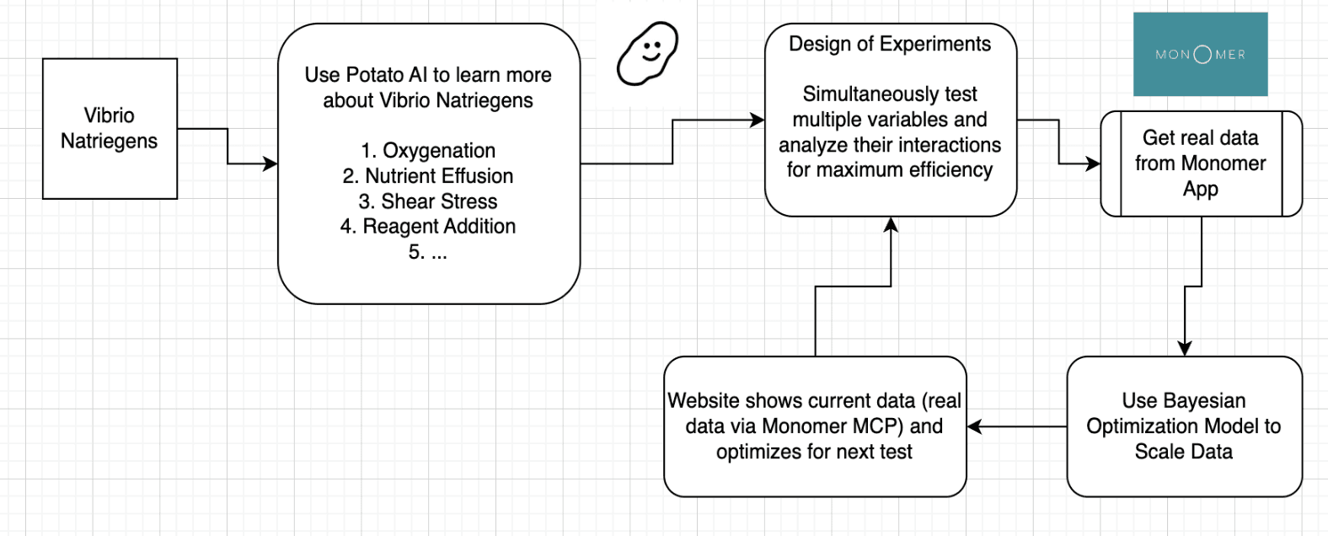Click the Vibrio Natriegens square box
pyautogui.click(x=110, y=129)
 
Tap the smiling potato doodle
pyautogui.click(x=647, y=54)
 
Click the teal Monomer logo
pyautogui.click(x=1201, y=54)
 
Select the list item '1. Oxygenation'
pyautogui.click(x=428, y=151)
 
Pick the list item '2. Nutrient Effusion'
pyautogui.click(x=428, y=176)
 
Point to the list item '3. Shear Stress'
pyautogui.click(x=428, y=201)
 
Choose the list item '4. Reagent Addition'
pyautogui.click(x=428, y=227)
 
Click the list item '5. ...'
pyautogui.click(x=428, y=252)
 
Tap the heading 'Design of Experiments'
pyautogui.click(x=890, y=44)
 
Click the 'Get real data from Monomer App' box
pyautogui.click(x=1201, y=163)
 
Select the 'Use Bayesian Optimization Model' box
pyautogui.click(x=1185, y=426)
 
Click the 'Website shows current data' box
pyautogui.click(x=815, y=426)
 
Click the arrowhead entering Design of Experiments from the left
pyautogui.click(x=758, y=121)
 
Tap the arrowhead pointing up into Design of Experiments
pyautogui.click(x=891, y=224)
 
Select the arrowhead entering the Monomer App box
pyautogui.click(x=1093, y=163)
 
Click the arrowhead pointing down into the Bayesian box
pyautogui.click(x=1185, y=349)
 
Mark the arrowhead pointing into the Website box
pyautogui.click(x=974, y=426)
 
